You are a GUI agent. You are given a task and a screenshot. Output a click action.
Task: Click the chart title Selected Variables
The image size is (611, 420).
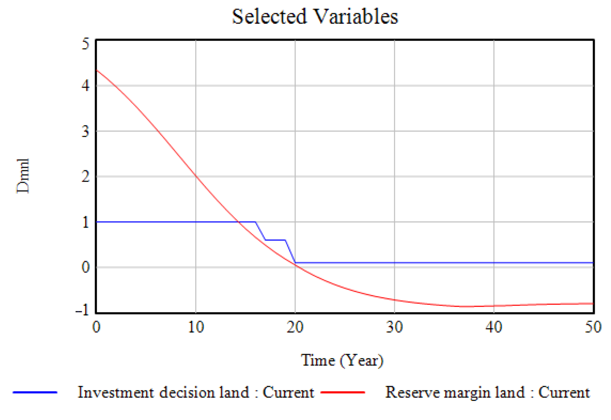coord(315,16)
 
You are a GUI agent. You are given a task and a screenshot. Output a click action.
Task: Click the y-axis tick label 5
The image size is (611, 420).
coord(85,44)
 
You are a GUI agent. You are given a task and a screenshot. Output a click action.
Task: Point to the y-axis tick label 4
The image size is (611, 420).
coord(85,86)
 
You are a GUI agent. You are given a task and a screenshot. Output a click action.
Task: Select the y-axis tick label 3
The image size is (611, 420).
coord(85,131)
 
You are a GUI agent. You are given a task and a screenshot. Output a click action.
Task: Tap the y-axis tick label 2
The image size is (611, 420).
coord(85,177)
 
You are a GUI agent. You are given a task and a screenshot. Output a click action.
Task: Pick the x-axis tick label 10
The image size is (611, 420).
coord(196,327)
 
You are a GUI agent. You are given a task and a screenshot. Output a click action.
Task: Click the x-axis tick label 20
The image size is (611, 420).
coord(295,327)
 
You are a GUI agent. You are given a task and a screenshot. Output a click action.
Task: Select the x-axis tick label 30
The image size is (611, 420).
coord(394,327)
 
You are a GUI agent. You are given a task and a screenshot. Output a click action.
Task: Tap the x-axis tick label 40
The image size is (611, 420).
coord(494,327)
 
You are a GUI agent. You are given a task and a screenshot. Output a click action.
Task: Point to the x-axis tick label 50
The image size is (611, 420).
coord(593,327)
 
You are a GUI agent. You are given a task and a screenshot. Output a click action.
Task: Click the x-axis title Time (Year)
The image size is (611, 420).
coord(342,361)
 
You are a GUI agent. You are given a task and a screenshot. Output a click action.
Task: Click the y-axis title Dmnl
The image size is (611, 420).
coord(23,176)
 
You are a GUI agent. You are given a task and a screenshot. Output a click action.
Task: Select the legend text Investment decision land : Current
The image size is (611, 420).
coord(196,392)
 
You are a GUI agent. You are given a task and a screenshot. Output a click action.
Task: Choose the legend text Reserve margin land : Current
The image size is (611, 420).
coord(487,392)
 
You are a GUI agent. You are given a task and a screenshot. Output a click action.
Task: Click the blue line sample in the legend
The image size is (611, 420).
coord(35,392)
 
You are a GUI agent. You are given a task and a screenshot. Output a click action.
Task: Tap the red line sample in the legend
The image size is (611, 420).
coord(343,392)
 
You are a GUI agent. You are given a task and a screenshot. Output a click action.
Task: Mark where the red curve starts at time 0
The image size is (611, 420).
coord(96,70)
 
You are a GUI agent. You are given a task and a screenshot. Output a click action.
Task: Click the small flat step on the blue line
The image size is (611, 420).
coord(275,240)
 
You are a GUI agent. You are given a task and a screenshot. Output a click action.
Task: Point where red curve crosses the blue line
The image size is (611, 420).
coord(239,222)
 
